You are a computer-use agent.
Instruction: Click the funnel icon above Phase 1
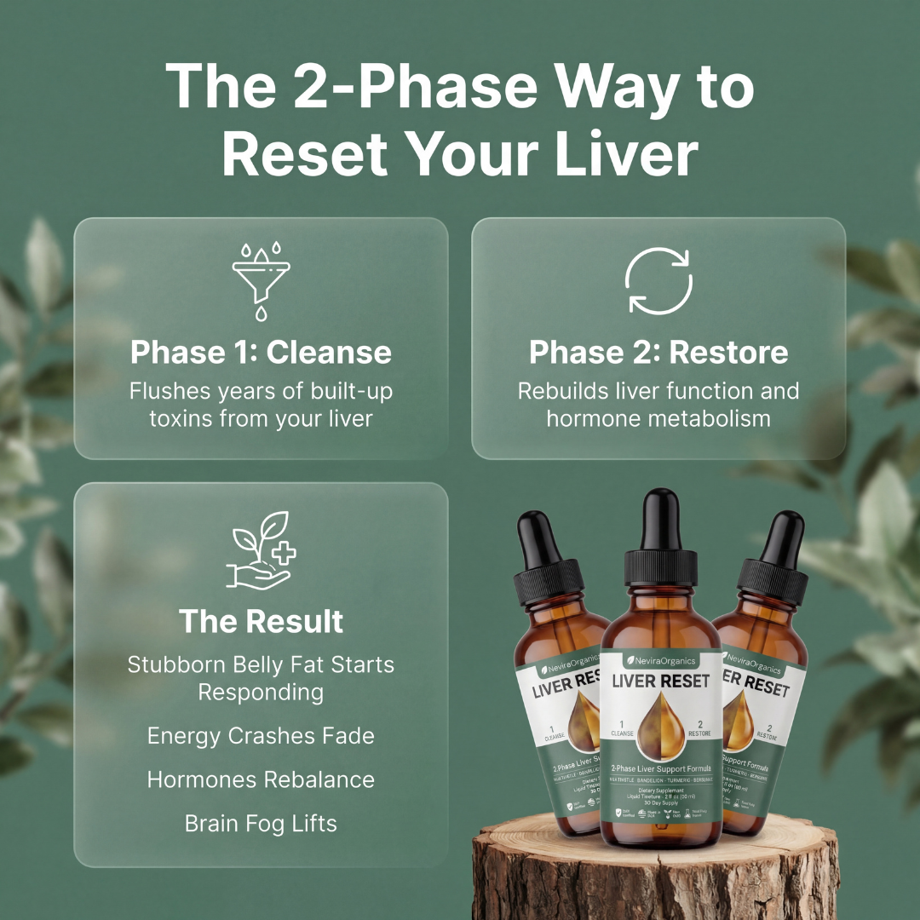[x=261, y=280]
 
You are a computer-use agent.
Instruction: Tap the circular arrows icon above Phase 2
[x=658, y=280]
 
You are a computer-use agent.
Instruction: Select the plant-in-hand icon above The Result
[x=261, y=549]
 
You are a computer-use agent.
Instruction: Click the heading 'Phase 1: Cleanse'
[x=261, y=353]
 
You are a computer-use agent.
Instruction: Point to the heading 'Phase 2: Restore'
[x=658, y=353]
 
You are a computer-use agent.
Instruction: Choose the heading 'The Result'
[x=261, y=621]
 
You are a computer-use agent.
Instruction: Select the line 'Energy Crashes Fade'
[x=261, y=735]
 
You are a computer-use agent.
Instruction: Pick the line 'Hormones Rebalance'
[x=261, y=779]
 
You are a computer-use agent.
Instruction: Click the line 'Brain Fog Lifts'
[x=261, y=824]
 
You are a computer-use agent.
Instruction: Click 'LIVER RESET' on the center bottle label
[x=660, y=681]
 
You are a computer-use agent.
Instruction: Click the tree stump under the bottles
[x=656, y=877]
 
